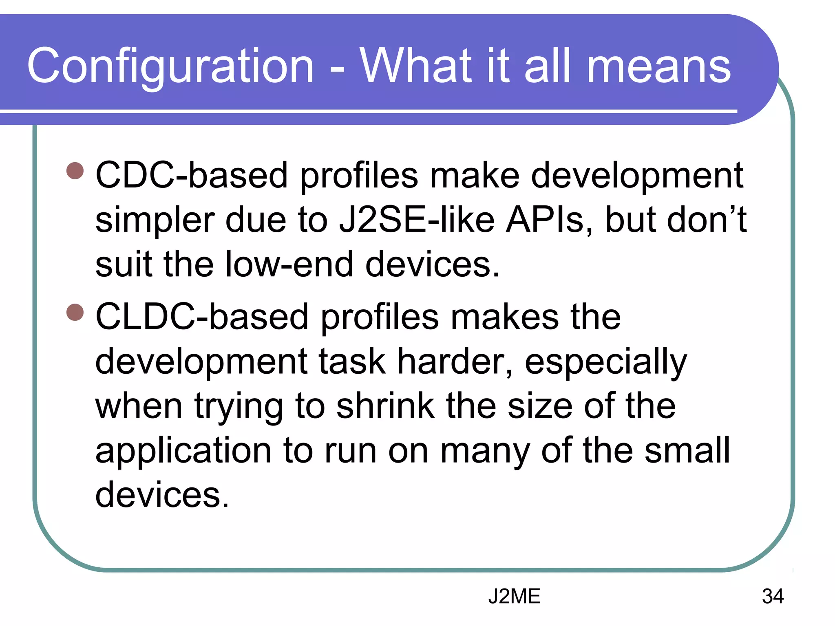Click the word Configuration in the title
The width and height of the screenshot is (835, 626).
[x=170, y=66]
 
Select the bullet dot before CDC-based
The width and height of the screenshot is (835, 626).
[x=75, y=171]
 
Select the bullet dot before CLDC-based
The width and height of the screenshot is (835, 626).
[x=75, y=313]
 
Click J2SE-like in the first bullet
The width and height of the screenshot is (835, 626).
[x=417, y=220]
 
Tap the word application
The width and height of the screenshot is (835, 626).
[x=183, y=452]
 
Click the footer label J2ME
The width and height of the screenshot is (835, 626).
[x=514, y=596]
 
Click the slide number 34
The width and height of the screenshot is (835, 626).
[x=773, y=596]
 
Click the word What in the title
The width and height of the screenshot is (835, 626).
[x=416, y=66]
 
